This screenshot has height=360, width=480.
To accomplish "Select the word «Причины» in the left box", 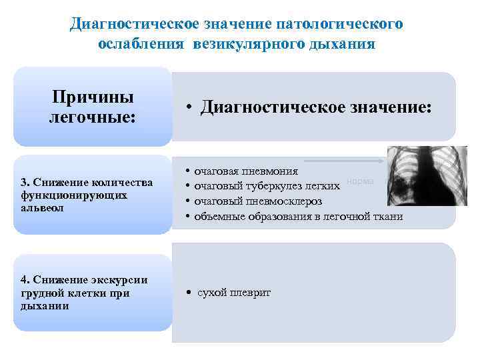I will tap(93, 97).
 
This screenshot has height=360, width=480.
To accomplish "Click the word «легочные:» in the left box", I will tap(93, 117).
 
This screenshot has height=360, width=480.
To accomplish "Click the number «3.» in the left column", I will tap(25, 183).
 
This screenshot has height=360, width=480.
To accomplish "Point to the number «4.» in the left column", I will tap(25, 280).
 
